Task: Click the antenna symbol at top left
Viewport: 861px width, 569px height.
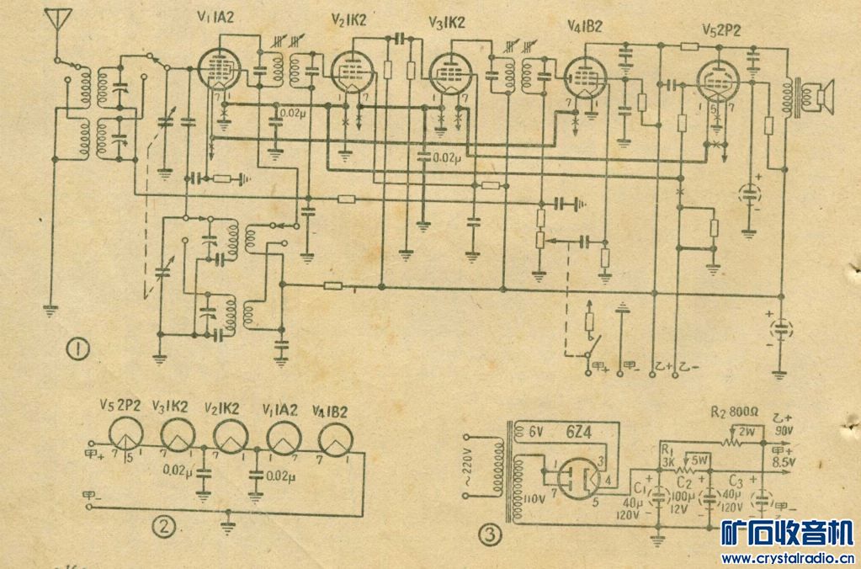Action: tap(57, 19)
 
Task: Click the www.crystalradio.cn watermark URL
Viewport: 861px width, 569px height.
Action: tap(787, 558)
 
